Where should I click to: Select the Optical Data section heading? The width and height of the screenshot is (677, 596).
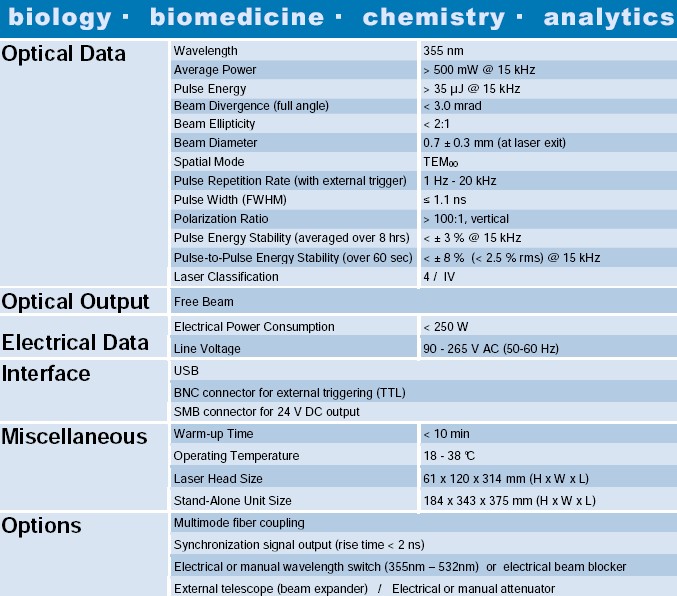tap(64, 54)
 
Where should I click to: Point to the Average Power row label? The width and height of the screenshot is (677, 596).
tap(215, 70)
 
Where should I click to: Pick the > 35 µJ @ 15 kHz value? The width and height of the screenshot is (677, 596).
tap(471, 89)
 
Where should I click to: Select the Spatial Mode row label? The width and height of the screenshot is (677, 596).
tap(209, 162)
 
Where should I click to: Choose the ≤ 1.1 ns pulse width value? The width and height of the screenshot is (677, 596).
tap(445, 200)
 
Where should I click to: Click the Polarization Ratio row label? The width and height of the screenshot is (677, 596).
tap(221, 219)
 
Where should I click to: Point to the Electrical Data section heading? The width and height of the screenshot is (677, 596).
tap(75, 343)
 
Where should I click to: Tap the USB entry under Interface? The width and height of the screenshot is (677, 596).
tap(186, 370)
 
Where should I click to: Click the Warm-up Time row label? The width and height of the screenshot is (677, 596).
tap(213, 434)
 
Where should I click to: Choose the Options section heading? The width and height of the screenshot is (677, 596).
tap(42, 526)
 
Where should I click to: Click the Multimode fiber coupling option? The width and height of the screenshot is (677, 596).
tap(239, 523)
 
